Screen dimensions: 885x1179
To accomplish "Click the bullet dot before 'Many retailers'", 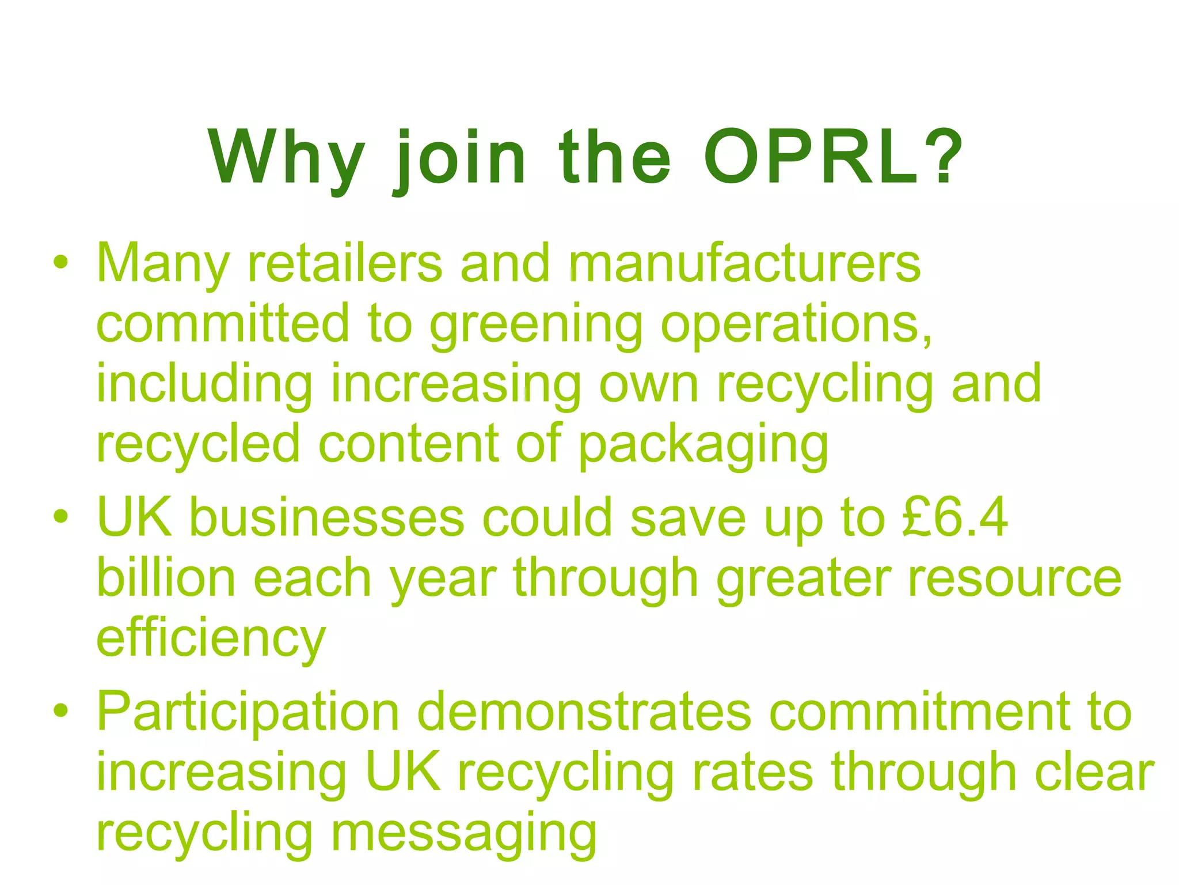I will pos(60,263).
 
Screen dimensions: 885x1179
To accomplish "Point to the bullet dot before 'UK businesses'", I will pos(60,516).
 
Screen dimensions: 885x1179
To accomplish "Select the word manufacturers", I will pos(744,263).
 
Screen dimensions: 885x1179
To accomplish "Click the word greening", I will pos(536,326).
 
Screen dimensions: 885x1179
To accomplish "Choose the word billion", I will pos(166,577).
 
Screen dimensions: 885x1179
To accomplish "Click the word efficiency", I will pos(211,640).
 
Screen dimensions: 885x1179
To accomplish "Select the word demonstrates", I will pos(584,712).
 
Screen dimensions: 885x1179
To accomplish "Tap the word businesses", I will pos(326,517).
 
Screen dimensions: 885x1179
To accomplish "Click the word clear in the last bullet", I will pos(1094,772).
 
